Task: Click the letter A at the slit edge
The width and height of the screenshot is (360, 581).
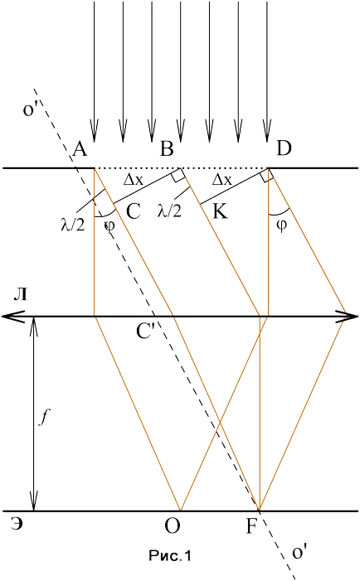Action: click(x=80, y=149)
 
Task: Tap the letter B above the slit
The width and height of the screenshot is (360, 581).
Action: click(x=167, y=149)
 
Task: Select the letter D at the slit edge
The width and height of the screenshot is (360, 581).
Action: click(x=284, y=148)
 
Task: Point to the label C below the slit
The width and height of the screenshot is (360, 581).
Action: click(x=134, y=211)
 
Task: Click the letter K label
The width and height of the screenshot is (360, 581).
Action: click(x=220, y=212)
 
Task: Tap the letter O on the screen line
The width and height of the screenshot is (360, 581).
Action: click(x=173, y=526)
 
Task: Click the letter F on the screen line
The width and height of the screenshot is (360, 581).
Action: click(x=251, y=526)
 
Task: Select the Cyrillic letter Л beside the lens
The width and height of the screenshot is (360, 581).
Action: click(x=20, y=294)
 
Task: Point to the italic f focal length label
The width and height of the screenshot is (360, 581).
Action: click(x=44, y=418)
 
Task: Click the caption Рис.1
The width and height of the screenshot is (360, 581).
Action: click(x=170, y=556)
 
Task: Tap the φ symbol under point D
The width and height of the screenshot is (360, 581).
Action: click(x=282, y=225)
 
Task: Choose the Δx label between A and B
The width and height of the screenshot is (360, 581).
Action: click(x=133, y=180)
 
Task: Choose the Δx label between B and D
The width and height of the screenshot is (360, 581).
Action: click(x=222, y=180)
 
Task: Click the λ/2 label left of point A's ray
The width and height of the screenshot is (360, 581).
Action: click(x=73, y=224)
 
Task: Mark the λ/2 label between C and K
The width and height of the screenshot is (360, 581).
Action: click(x=169, y=211)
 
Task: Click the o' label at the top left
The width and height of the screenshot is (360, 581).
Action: click(x=28, y=109)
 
